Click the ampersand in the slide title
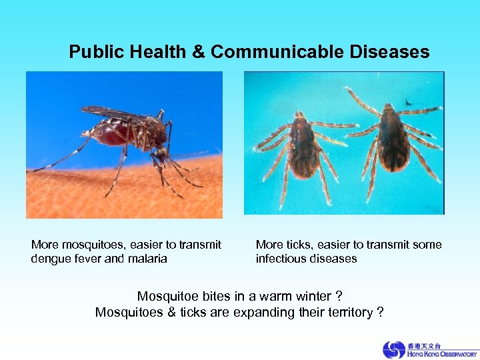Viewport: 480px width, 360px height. click(x=199, y=52)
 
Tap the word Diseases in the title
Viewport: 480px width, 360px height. click(x=393, y=52)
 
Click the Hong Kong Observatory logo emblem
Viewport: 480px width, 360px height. click(x=393, y=349)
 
